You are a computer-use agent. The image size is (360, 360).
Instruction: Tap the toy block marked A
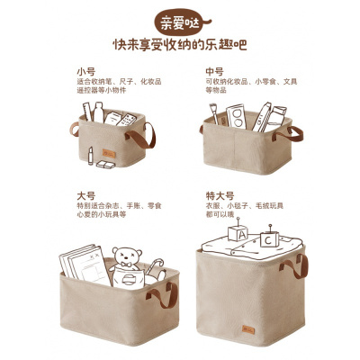point(239,233)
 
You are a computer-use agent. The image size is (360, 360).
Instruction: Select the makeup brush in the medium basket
point(213,116)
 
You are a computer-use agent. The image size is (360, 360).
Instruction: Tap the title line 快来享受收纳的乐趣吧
point(180,45)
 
